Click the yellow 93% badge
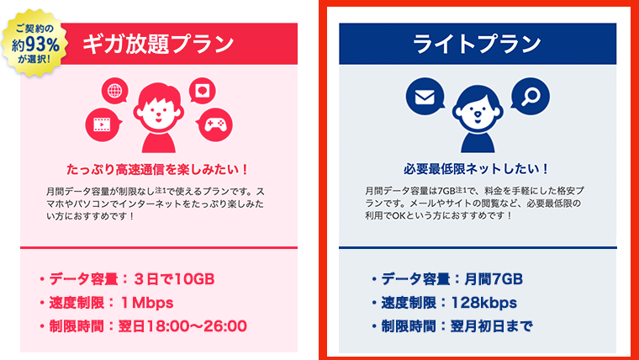tap(33, 41)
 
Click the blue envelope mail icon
tap(423, 98)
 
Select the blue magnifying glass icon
tap(531, 98)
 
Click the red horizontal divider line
tap(158, 247)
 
